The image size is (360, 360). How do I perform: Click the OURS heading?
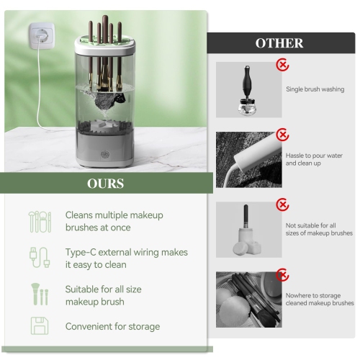(105, 184)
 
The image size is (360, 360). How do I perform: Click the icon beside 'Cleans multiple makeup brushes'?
(40, 221)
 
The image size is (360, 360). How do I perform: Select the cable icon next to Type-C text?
(40, 258)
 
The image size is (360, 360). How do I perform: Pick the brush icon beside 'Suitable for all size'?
(40, 294)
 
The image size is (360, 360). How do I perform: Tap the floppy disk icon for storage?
(40, 325)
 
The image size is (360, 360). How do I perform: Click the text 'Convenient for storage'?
(112, 327)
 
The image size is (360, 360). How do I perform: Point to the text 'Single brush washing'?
(315, 89)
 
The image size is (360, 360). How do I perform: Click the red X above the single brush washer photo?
(283, 66)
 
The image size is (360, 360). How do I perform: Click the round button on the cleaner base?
(106, 153)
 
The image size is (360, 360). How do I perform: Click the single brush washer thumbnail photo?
(249, 89)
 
